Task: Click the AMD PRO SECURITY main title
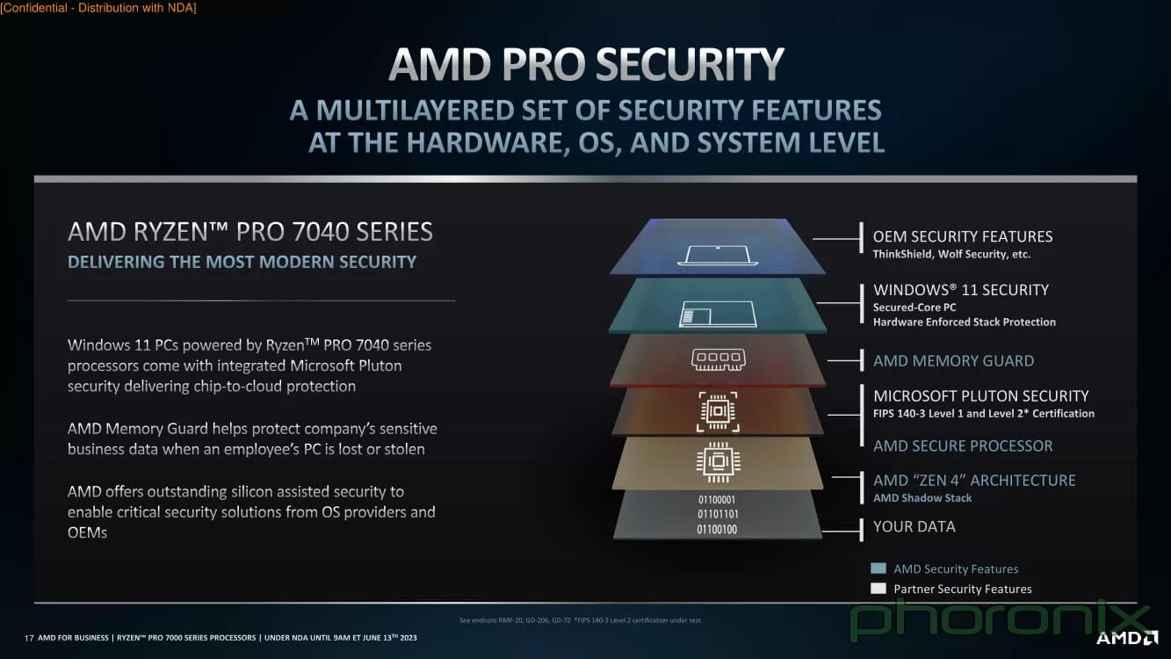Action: point(586,64)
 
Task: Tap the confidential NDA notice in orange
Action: point(98,8)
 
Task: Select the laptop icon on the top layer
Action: point(717,255)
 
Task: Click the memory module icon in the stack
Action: point(718,360)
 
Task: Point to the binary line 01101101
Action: point(717,515)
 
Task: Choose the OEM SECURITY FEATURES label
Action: point(963,236)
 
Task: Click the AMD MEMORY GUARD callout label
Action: point(953,361)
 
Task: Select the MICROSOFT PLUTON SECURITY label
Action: point(980,396)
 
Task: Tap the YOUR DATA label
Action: point(914,526)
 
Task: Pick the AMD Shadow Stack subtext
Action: point(922,498)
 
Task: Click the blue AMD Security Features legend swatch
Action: point(878,568)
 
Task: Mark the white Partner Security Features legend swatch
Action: point(878,589)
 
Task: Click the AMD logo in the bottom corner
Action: point(1127,638)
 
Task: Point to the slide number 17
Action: point(29,638)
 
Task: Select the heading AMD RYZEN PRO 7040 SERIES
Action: point(249,232)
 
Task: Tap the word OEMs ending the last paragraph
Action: point(87,533)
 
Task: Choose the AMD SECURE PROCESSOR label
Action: point(963,446)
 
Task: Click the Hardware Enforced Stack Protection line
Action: point(964,322)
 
